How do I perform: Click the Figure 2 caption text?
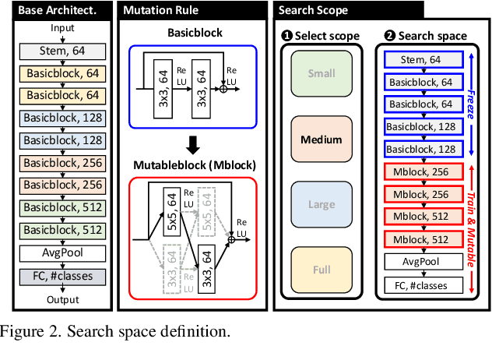tap(115, 331)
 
